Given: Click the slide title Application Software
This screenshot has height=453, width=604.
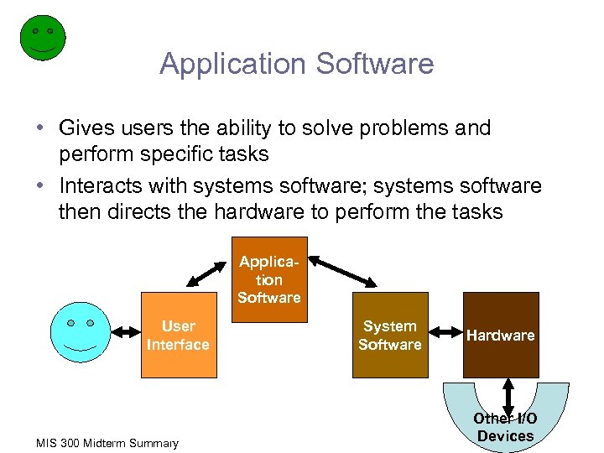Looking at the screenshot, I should coord(297,64).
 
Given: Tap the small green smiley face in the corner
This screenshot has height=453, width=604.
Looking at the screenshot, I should coord(42,38).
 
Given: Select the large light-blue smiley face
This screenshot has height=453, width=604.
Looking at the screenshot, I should coord(81,331).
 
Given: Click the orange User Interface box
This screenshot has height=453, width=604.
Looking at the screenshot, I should coord(178,335).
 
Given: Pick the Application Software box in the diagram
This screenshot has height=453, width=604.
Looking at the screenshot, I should coord(268,280).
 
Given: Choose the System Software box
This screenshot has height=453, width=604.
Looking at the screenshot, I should coord(389,335).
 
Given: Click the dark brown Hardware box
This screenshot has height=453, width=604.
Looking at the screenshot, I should coord(500,335).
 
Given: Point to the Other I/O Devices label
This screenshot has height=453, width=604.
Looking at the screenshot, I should coord(505,427).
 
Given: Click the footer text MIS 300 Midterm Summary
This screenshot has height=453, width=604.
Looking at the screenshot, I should coord(107,443).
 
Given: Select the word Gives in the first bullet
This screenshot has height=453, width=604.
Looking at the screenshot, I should coord(86,128).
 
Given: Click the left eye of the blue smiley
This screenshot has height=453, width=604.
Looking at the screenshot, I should coord(71,322).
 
